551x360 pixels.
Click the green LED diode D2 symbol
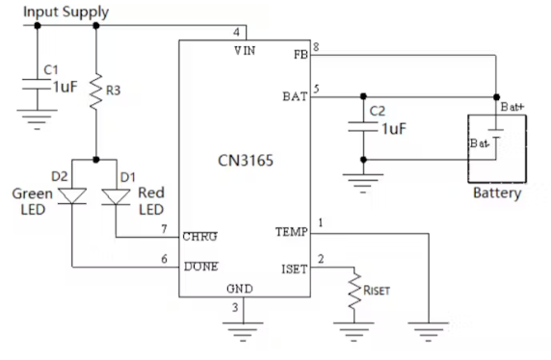pyautogui.click(x=72, y=196)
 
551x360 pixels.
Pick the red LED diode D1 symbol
pyautogui.click(x=116, y=196)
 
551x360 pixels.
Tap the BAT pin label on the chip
pyautogui.click(x=293, y=96)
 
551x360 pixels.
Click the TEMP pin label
pyautogui.click(x=291, y=232)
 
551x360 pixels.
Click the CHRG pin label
pyautogui.click(x=199, y=236)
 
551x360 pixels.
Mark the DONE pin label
pyautogui.click(x=200, y=266)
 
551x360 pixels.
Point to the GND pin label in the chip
pyautogui.click(x=241, y=289)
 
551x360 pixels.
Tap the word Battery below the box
pyautogui.click(x=497, y=193)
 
